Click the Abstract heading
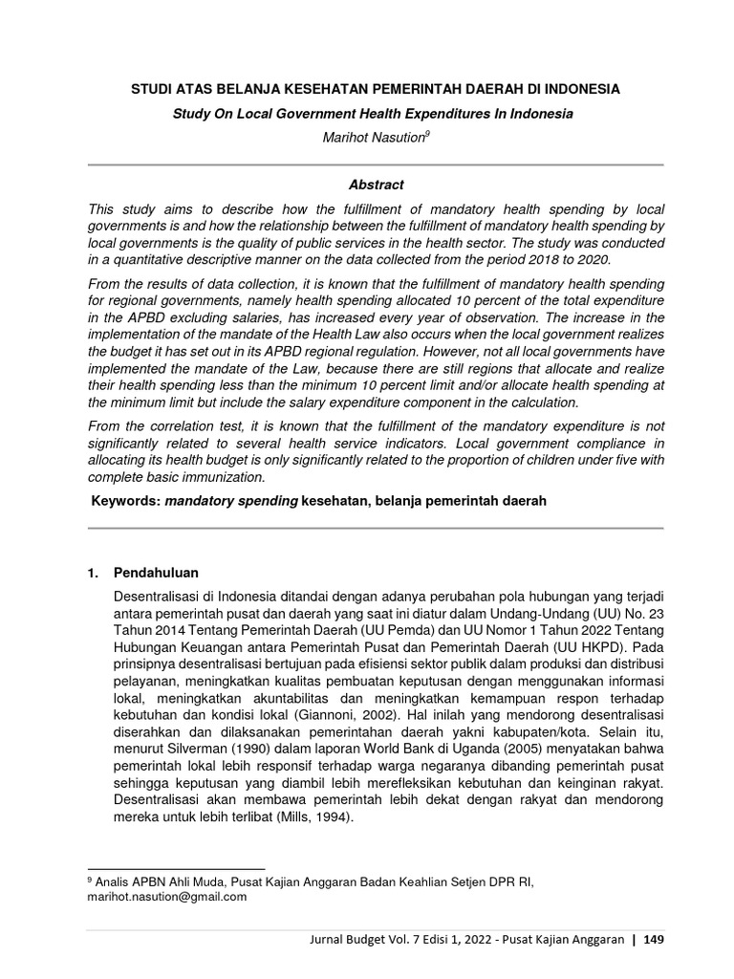click(x=376, y=185)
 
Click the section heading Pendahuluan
click(x=157, y=573)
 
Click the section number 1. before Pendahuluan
click(x=93, y=573)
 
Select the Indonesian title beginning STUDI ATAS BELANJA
click(x=376, y=89)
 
